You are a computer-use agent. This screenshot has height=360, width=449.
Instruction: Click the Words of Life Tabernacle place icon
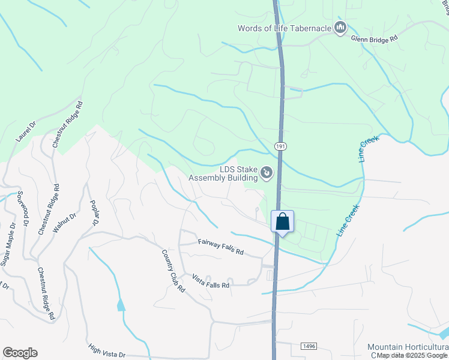tap(340, 27)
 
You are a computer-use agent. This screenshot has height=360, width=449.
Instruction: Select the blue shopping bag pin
tap(283, 223)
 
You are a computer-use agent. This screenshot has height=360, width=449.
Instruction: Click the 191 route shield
tap(280, 146)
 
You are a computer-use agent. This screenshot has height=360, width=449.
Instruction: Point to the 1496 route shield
tap(307, 347)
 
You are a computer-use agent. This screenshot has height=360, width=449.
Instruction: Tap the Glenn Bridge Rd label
tap(375, 37)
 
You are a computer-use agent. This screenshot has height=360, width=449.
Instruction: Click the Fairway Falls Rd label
tap(220, 247)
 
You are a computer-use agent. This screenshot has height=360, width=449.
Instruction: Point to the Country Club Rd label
tap(172, 271)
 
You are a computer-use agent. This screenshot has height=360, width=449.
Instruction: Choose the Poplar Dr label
tap(94, 212)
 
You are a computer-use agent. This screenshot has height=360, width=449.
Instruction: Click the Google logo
tap(20, 353)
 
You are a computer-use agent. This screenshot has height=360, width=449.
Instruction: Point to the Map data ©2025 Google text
tap(412, 356)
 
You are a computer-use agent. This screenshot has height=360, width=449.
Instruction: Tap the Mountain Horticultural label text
tap(408, 347)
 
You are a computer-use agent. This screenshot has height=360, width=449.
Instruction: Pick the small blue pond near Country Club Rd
tap(121, 305)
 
